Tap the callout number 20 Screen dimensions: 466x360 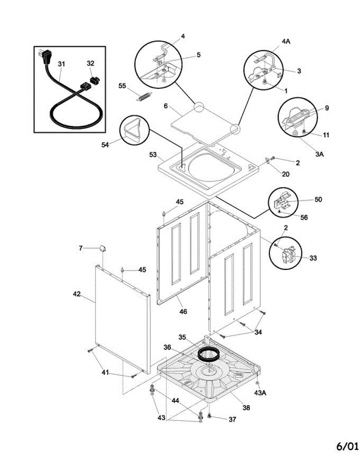(x=285, y=174)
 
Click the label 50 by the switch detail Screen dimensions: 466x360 (x=318, y=200)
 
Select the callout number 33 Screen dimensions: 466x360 (x=313, y=258)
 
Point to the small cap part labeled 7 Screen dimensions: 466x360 (x=103, y=248)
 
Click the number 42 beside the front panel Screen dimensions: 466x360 (x=77, y=294)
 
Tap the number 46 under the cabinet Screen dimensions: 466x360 (x=183, y=311)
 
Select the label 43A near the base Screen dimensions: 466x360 (x=260, y=393)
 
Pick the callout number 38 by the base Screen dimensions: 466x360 (x=246, y=408)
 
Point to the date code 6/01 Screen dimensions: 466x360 (x=347, y=447)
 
